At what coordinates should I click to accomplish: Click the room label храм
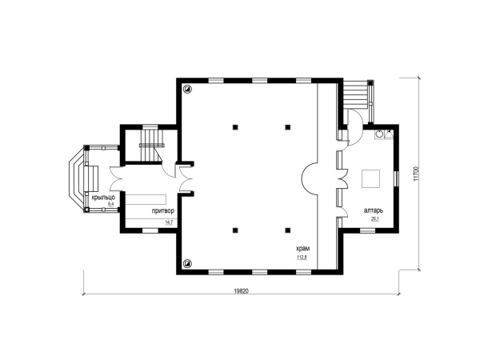[x=302, y=249]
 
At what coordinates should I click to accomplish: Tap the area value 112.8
[x=302, y=258]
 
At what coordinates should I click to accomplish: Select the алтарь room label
[x=373, y=211]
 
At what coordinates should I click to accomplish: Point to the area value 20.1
[x=375, y=219]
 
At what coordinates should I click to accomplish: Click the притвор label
[x=163, y=211]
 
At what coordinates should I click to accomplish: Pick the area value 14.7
[x=169, y=222]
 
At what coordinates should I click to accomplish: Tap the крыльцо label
[x=103, y=198]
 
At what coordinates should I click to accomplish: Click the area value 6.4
[x=110, y=204]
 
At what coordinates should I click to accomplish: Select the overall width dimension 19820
[x=241, y=291]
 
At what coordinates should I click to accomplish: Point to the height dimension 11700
[x=416, y=174]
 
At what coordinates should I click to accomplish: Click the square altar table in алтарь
[x=370, y=178]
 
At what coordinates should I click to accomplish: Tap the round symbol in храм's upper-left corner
[x=188, y=89]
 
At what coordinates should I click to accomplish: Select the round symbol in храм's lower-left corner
[x=188, y=263]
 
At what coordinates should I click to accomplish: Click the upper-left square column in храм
[x=235, y=127]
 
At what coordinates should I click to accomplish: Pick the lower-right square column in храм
[x=287, y=230]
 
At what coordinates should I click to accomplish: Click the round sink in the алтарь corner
[x=380, y=134]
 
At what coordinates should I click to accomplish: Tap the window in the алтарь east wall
[x=396, y=178]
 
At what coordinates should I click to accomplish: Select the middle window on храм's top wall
[x=260, y=81]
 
